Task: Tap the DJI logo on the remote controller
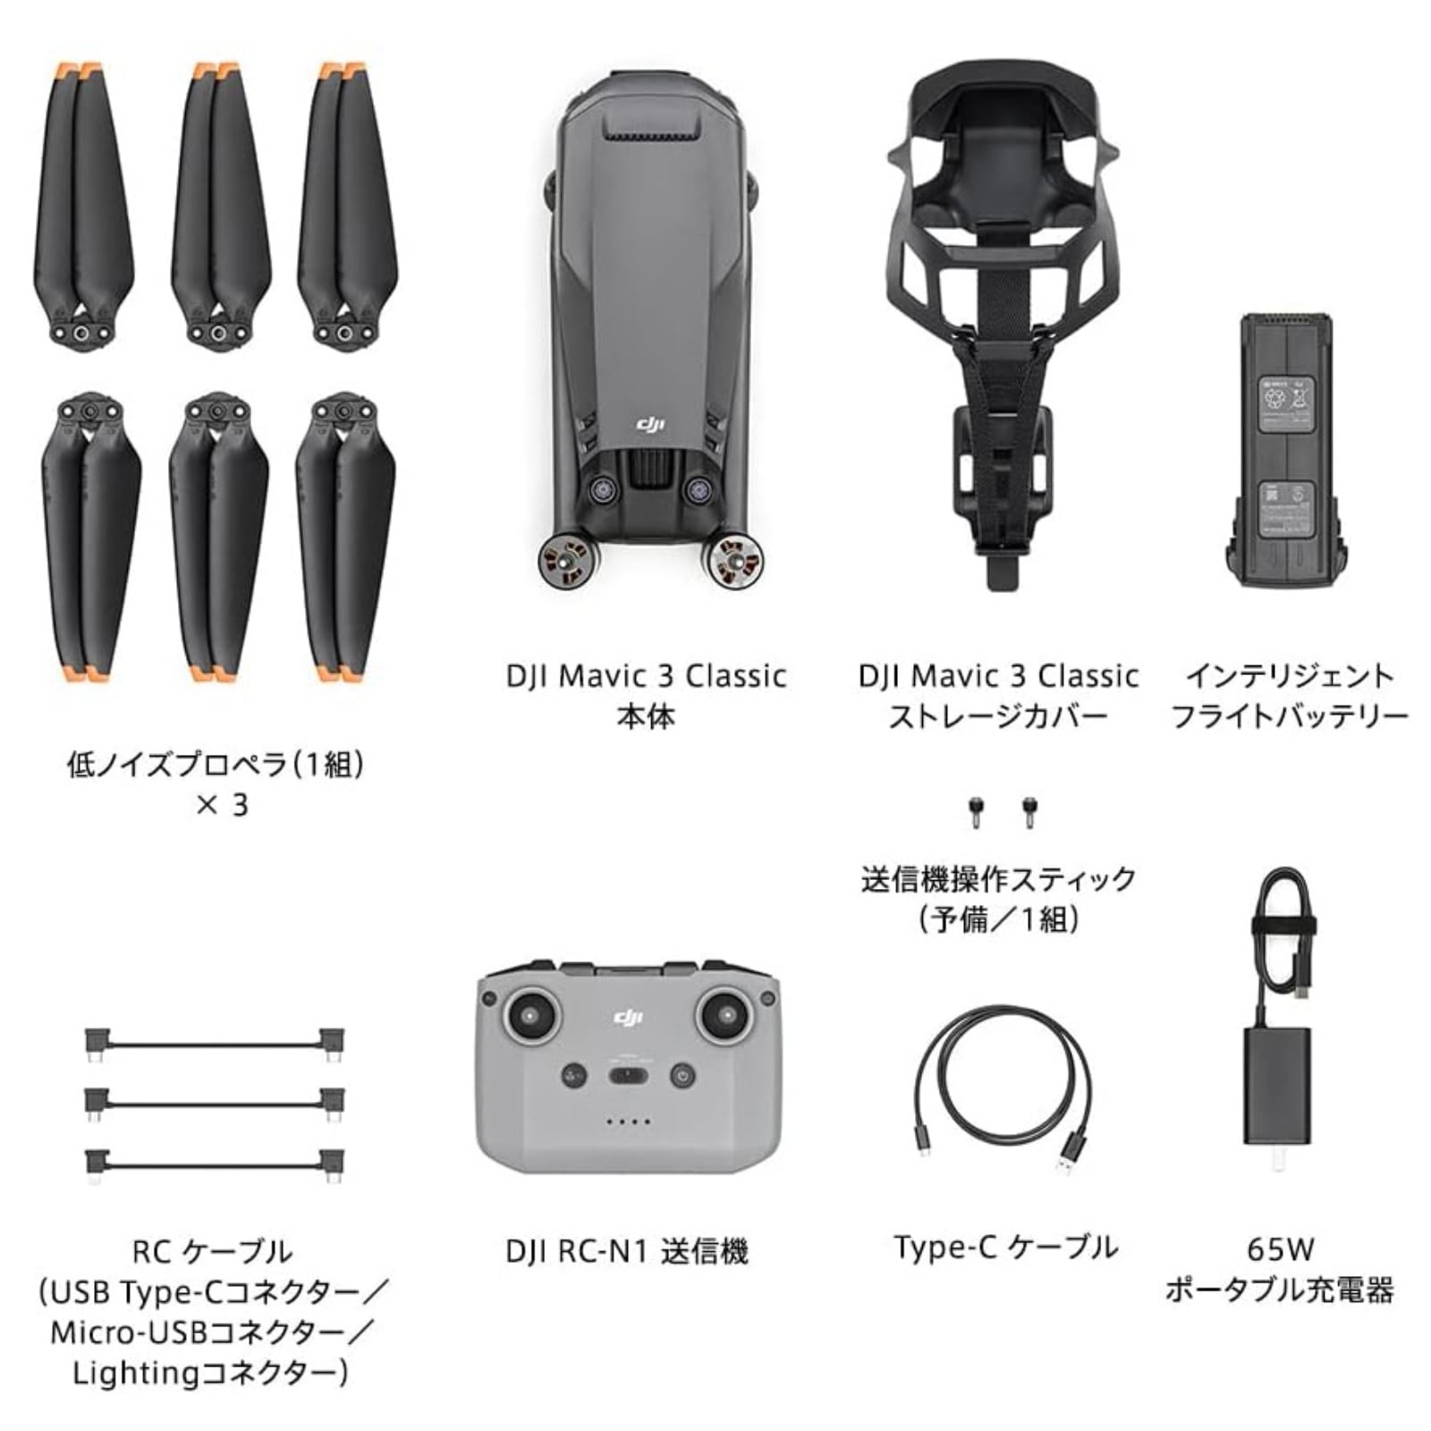click(628, 1017)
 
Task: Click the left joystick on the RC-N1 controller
click(532, 1016)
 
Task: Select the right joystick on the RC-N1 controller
click(724, 1016)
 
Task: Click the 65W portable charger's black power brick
click(1277, 1086)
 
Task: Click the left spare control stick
click(975, 811)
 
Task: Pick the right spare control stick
click(1029, 811)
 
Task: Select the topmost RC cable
click(215, 1044)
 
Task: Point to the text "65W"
click(1280, 1249)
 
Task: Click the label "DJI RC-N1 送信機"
click(626, 1251)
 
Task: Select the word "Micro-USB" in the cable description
click(129, 1333)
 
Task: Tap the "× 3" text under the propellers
click(221, 805)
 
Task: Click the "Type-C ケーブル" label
click(1005, 1247)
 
